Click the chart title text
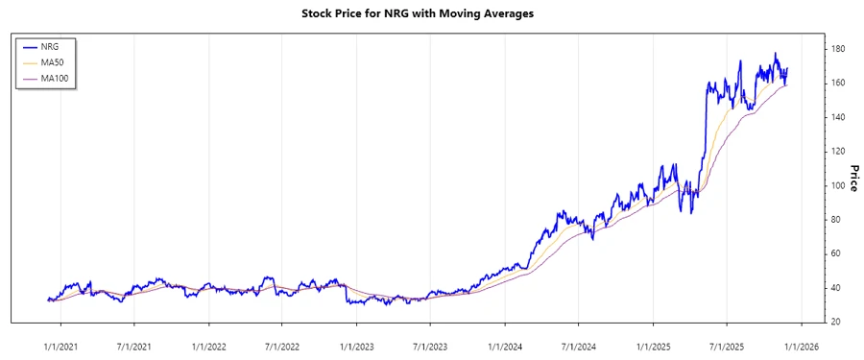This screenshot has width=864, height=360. pos(431,13)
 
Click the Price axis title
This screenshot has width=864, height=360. pos(852,178)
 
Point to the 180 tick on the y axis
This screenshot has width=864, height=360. pos(838,49)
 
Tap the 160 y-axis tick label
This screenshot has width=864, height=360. pos(838,84)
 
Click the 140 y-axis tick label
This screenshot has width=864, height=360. pos(838,117)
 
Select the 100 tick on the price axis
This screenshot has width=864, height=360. pos(838,185)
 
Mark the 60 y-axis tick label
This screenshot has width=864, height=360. pos(836,253)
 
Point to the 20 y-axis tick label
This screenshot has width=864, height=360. pos(836,322)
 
